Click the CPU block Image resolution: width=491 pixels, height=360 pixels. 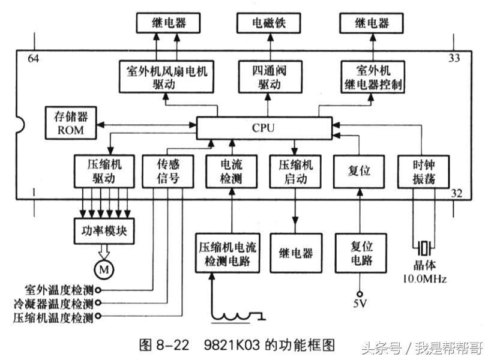coord(264,128)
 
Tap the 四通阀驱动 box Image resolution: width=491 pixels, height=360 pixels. coord(268,77)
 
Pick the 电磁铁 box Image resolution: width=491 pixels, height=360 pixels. coord(268,23)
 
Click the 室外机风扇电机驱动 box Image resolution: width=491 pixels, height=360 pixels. coord(167,77)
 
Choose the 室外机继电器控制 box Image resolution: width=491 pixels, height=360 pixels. coord(372,77)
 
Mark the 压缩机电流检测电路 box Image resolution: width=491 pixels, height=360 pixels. coord(228,254)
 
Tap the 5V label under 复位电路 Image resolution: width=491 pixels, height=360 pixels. coord(359,304)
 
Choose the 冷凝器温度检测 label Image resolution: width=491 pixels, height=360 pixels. coord(53,303)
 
